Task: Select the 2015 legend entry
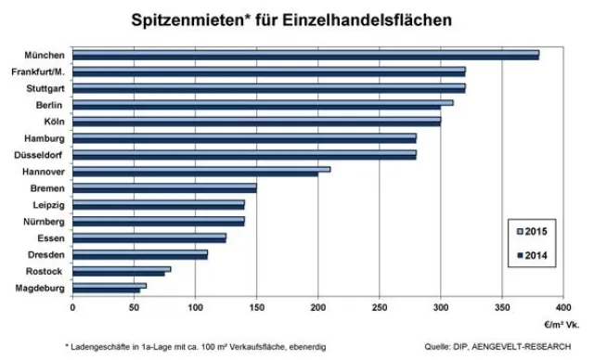pos(535,230)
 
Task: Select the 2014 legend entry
pos(535,255)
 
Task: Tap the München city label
pos(45,56)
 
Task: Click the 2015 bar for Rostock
pos(121,269)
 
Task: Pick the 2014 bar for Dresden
pos(139,257)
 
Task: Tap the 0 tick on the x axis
pos(72,304)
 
